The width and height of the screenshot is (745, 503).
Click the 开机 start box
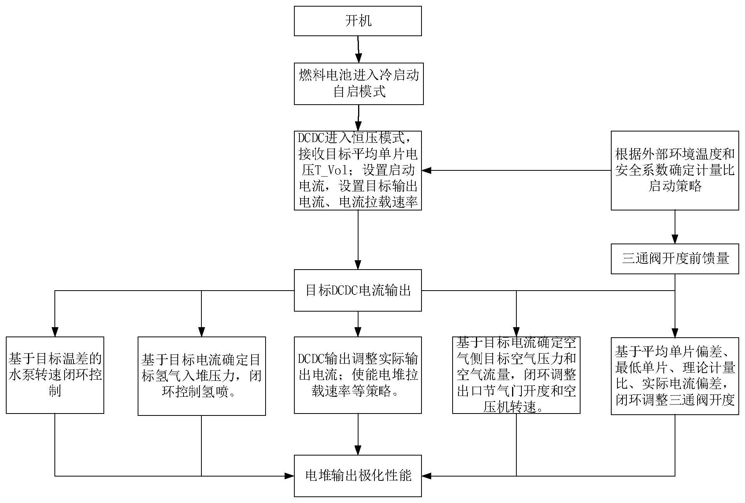click(x=358, y=21)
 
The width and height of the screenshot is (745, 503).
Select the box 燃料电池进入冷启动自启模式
click(x=359, y=84)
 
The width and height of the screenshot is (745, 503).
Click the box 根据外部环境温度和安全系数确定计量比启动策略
click(x=675, y=170)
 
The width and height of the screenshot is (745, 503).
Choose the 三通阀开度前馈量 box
click(x=675, y=259)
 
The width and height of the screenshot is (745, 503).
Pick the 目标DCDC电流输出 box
click(x=358, y=290)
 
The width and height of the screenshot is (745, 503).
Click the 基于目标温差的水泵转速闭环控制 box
click(x=55, y=375)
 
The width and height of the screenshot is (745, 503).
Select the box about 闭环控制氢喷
click(x=201, y=376)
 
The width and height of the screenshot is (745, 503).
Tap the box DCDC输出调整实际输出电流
click(x=358, y=375)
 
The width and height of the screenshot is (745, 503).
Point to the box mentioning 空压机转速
click(x=516, y=375)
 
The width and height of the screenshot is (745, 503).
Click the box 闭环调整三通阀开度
click(x=675, y=376)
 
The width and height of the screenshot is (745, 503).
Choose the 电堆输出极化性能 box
click(x=358, y=475)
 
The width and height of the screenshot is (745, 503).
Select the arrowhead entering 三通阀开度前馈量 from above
click(x=675, y=239)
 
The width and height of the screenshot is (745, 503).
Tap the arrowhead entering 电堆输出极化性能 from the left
click(x=289, y=475)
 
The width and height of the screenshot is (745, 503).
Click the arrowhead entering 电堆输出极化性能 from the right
click(x=427, y=475)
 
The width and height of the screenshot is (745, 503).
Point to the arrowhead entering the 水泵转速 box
click(x=55, y=331)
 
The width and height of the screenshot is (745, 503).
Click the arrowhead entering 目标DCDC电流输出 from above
click(x=358, y=265)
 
